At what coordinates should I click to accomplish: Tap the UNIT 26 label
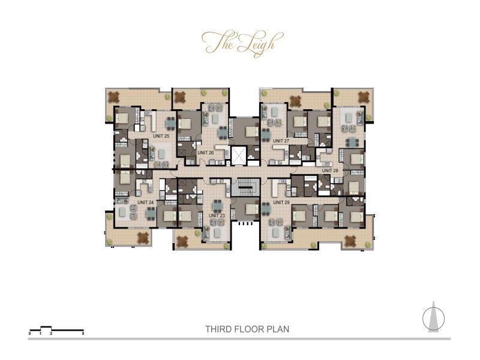206,152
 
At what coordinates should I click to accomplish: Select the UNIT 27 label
281,141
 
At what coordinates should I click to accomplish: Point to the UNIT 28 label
331,170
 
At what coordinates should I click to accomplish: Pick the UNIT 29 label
281,202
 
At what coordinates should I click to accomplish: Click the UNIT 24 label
146,202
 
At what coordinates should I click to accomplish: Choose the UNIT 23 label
218,215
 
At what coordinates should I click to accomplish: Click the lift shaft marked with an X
239,155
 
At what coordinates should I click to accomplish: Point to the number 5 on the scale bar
83,332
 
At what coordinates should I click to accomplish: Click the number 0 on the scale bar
30,332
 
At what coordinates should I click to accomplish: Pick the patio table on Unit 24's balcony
143,238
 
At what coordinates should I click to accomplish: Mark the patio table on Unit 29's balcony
350,241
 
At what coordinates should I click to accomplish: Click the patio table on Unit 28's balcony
364,96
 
